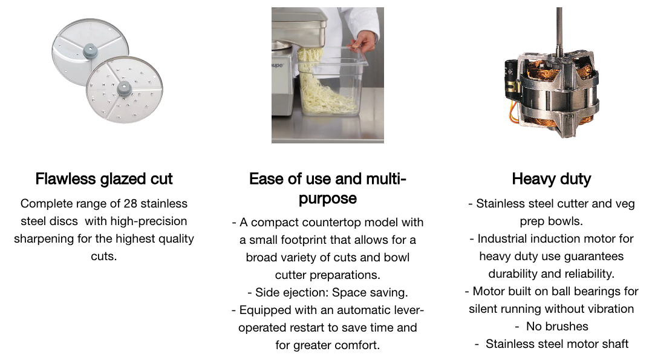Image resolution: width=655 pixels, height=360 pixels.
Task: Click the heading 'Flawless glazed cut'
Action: [x=103, y=179]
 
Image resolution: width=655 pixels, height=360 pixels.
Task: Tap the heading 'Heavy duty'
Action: [x=552, y=179]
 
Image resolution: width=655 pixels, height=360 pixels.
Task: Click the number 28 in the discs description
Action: [x=130, y=204]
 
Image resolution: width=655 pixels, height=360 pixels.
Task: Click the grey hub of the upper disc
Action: [x=90, y=51]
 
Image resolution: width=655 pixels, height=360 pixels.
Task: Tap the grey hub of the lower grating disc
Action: [x=124, y=88]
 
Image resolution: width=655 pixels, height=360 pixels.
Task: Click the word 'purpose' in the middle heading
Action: [x=328, y=198]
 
